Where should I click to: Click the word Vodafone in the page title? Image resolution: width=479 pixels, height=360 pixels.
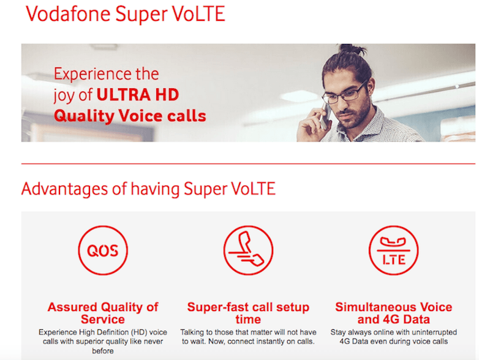coord(68,14)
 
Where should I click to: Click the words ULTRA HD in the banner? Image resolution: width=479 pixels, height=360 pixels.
coord(138,95)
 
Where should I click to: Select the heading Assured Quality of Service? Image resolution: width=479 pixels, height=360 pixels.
coord(103,313)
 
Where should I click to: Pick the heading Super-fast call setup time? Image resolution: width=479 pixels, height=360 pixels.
coord(248,313)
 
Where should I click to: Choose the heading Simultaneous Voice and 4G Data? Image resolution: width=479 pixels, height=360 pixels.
coord(393,313)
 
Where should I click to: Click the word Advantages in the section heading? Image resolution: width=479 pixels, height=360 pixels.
coord(64,189)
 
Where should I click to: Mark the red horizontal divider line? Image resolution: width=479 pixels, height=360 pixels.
coord(248,164)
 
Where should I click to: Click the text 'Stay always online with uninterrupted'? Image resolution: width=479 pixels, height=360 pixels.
coord(393,332)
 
